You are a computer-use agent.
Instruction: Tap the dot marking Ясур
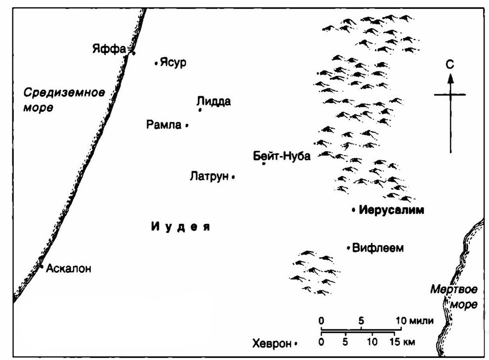[x=156, y=63]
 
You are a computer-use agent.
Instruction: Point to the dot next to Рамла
[x=187, y=126]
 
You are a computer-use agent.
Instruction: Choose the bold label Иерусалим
[x=392, y=210]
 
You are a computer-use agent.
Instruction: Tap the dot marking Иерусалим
[x=354, y=210]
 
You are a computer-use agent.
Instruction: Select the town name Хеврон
[x=271, y=344]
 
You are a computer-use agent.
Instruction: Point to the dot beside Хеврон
[x=296, y=344]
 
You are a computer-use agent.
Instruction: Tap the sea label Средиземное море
[x=64, y=99]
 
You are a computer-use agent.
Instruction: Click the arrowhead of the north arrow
[x=450, y=77]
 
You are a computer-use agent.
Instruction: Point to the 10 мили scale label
[x=414, y=321]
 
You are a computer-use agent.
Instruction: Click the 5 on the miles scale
[x=362, y=321]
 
